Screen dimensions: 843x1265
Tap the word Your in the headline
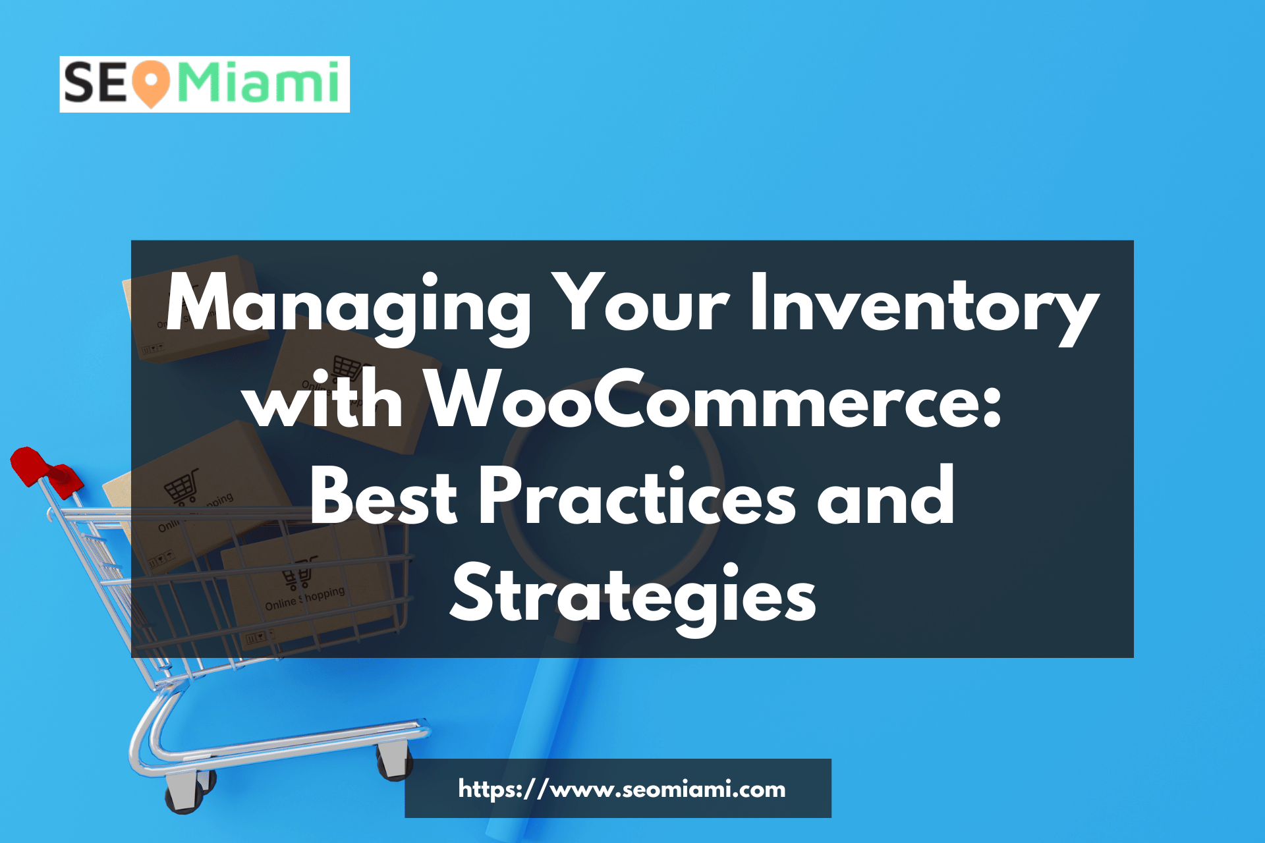(x=640, y=304)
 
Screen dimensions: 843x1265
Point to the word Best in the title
(x=383, y=497)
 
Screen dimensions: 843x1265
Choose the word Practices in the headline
(x=637, y=497)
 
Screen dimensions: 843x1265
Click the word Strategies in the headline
(x=633, y=595)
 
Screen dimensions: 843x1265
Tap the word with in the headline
(x=325, y=400)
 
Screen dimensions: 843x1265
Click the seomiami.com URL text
(x=621, y=788)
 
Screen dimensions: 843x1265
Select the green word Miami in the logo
(x=259, y=83)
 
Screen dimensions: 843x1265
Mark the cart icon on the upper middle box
(x=347, y=368)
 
